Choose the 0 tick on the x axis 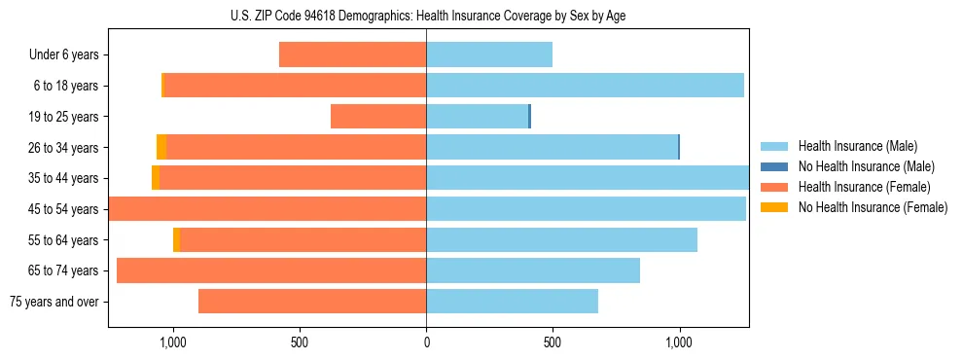coord(426,342)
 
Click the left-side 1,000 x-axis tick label coord(172,342)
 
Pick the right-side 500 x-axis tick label coord(553,342)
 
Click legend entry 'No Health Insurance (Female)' coord(873,207)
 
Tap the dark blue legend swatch coord(773,166)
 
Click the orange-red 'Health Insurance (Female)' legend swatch coord(773,187)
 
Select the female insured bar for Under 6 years coord(352,54)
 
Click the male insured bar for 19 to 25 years coord(477,117)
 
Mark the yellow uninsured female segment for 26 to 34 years coord(161,147)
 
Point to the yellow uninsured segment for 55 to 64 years coord(176,239)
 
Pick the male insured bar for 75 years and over coord(512,302)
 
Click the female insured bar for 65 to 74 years coord(271,270)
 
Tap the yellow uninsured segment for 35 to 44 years coord(156,178)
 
